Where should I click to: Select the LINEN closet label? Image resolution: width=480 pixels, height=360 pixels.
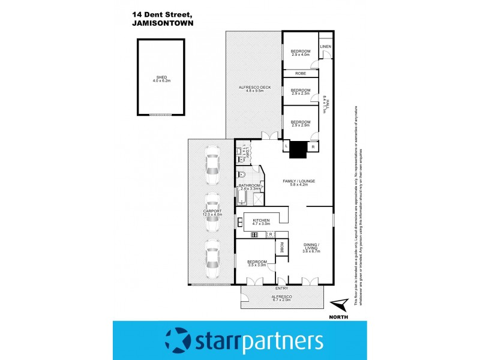(x=325, y=46)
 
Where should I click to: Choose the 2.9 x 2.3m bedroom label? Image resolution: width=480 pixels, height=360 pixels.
(x=301, y=91)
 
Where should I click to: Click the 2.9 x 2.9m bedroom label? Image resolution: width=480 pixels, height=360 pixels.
(x=301, y=123)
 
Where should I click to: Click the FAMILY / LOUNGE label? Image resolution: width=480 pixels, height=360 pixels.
(x=299, y=182)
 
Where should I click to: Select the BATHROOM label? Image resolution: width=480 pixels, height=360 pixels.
(x=248, y=187)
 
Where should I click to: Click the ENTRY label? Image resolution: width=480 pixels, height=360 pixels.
(x=282, y=289)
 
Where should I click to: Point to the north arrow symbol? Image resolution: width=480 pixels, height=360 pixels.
(x=340, y=305)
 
